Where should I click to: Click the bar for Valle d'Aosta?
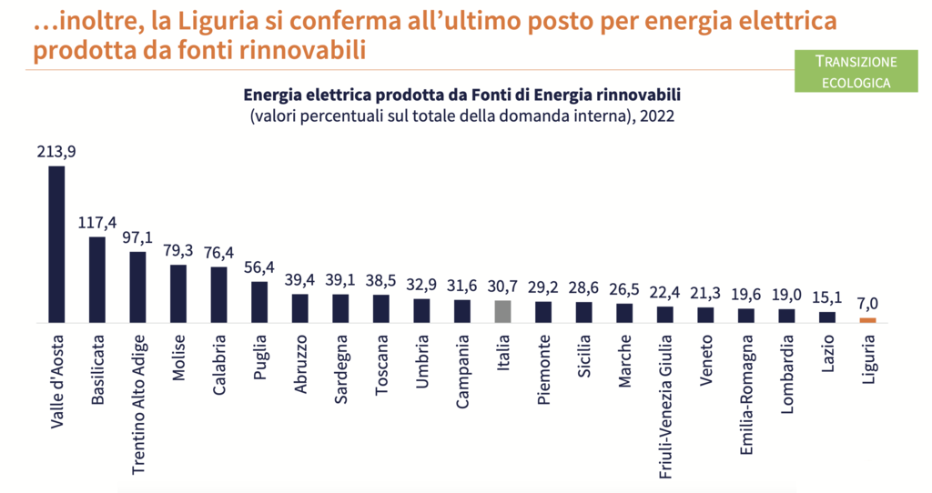tap(56, 244)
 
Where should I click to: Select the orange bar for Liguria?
tap(867, 320)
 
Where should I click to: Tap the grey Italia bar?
tap(502, 312)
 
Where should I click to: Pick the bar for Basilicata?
tap(97, 279)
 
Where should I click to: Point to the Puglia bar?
tap(259, 302)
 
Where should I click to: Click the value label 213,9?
tap(56, 152)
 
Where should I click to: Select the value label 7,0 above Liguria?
tap(867, 304)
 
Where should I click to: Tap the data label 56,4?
tap(259, 267)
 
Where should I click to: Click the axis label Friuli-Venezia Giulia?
tap(665, 404)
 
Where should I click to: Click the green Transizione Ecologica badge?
tap(855, 71)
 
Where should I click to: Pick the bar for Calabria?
tap(219, 295)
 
